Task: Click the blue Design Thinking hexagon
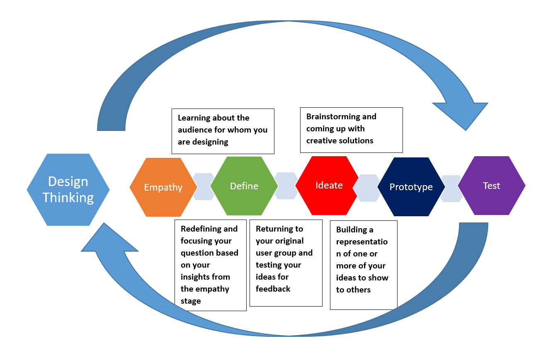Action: point(68,190)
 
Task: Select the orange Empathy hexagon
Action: point(163,187)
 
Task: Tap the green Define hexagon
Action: point(244,186)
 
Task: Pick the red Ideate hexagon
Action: point(329,185)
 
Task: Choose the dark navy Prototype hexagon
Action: point(411,187)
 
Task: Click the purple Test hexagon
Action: point(491,186)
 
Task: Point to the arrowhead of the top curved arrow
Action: point(462,114)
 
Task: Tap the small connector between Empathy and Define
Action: point(204,187)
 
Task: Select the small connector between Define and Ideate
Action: point(286,186)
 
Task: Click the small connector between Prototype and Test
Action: point(451,188)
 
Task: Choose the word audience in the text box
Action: point(195,130)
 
